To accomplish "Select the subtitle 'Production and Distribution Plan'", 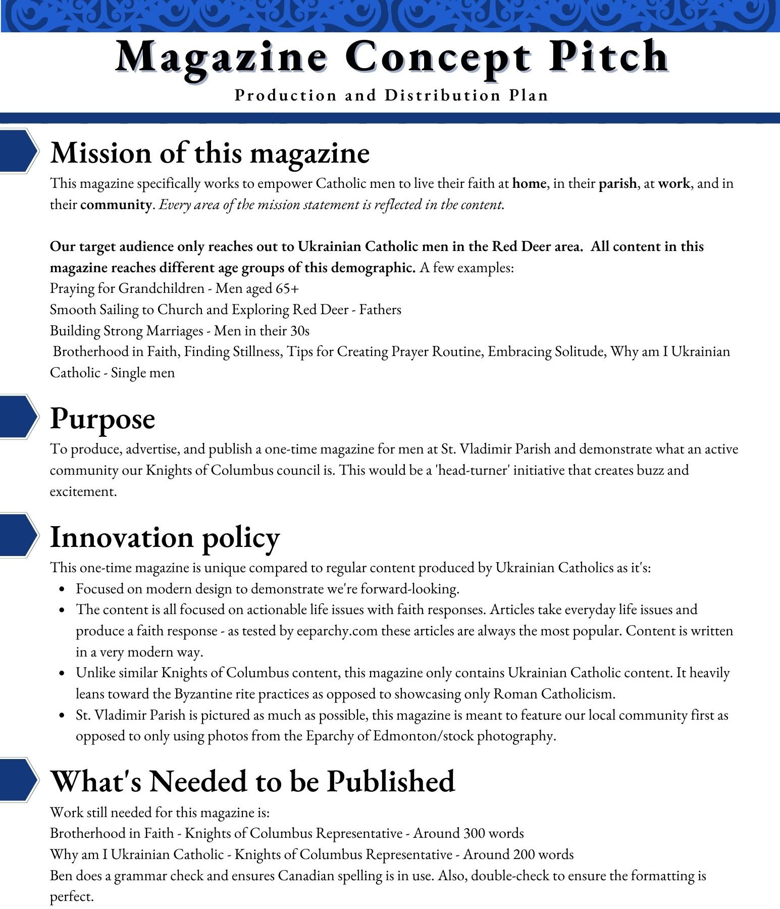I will [391, 95].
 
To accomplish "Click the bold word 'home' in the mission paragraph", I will [529, 183].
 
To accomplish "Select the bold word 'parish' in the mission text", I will [617, 183].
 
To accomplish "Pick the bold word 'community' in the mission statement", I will [116, 205].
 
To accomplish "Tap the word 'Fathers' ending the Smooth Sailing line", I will [380, 310].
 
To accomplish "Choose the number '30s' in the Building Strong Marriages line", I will [299, 331].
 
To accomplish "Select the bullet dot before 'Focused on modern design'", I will [62, 589].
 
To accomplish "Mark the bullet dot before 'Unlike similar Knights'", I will [62, 674].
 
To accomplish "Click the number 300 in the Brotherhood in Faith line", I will [467, 833].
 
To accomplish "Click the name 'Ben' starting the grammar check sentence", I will [61, 876].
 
